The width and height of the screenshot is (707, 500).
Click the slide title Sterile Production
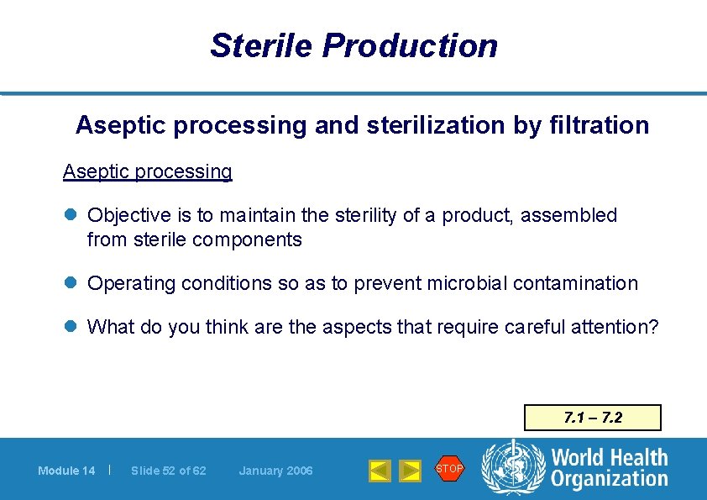point(353,45)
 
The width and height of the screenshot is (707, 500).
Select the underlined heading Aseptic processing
point(147,171)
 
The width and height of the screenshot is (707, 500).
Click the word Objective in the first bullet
point(128,215)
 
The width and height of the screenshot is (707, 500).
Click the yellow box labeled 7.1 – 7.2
point(592,418)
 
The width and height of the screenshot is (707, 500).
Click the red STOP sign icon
point(449,468)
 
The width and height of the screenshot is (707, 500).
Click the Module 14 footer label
point(66,471)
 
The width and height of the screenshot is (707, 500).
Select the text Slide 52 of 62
point(168,471)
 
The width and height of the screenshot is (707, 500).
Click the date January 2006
point(275,471)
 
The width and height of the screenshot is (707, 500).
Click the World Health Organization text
point(609,468)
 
